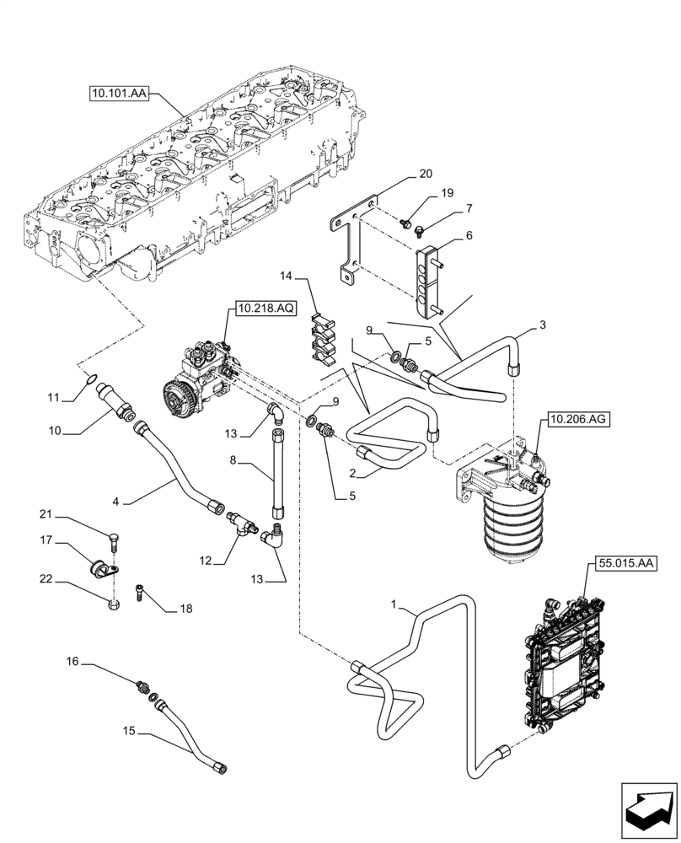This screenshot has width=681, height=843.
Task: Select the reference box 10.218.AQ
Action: pos(265,309)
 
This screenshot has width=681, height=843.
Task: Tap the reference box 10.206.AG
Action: pos(577,417)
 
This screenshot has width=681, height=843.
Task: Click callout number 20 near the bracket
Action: pos(426,175)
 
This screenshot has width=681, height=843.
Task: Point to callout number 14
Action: pos(287,275)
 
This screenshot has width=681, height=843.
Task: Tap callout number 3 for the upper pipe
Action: pos(542,324)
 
